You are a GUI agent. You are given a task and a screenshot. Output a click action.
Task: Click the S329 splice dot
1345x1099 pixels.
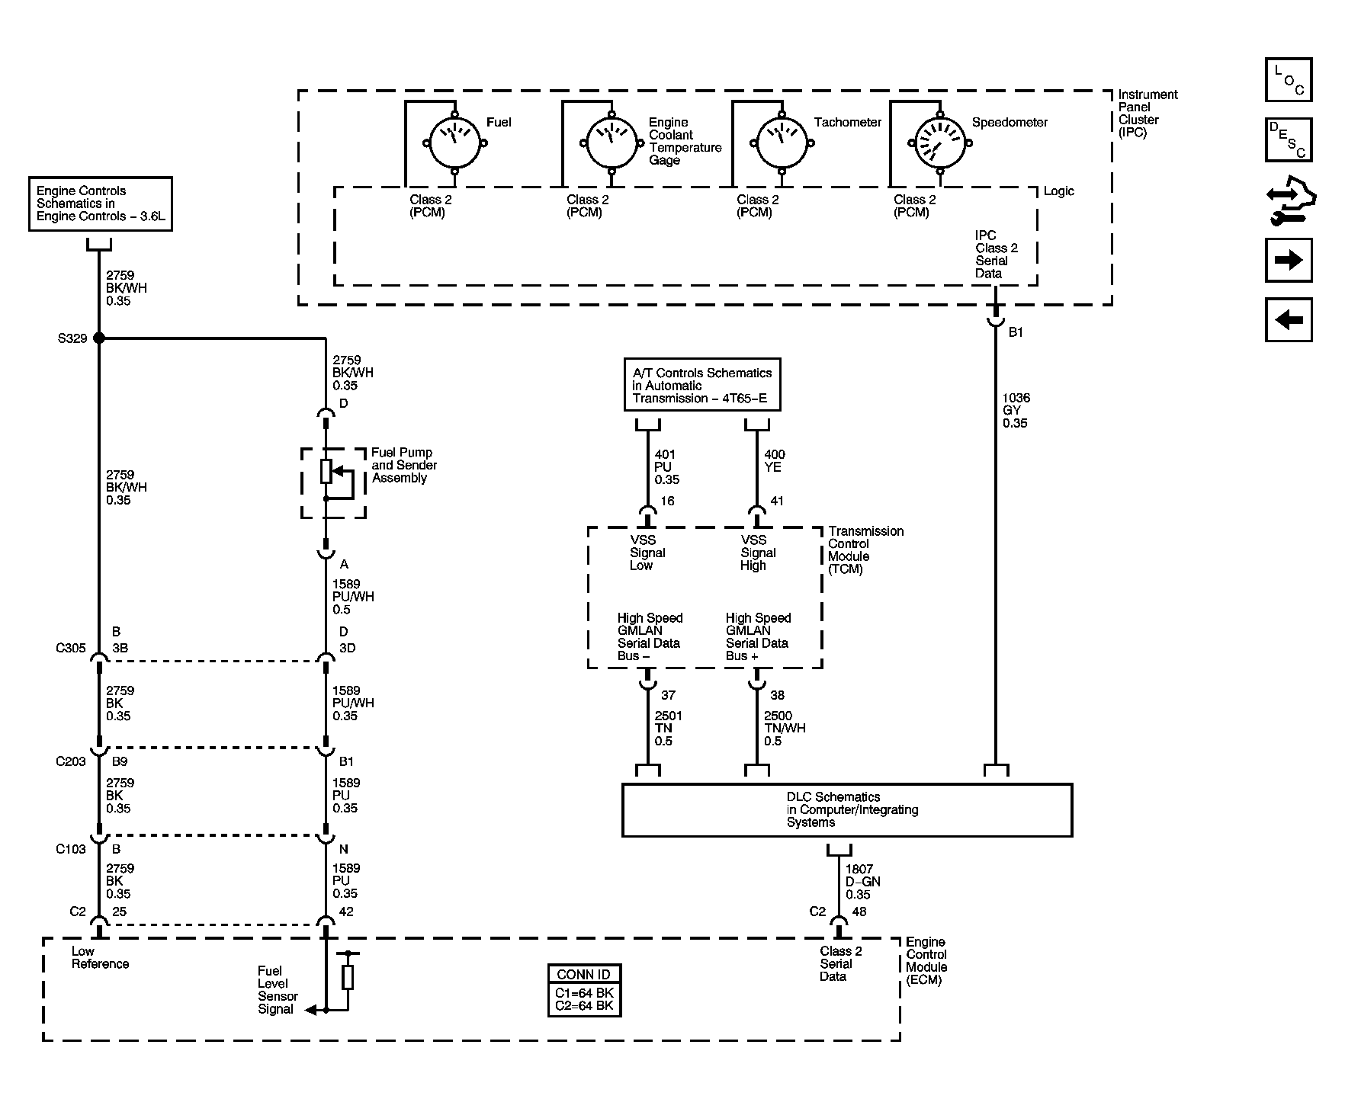pyautogui.click(x=98, y=338)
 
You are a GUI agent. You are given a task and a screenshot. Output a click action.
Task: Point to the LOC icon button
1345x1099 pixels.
pyautogui.click(x=1289, y=80)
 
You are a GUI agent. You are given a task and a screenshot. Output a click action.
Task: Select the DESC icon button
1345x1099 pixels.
pyautogui.click(x=1289, y=139)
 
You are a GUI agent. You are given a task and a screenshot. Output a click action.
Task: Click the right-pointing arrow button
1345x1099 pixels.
pyautogui.click(x=1289, y=261)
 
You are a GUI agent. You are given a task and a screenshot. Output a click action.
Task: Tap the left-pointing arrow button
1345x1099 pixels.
pyautogui.click(x=1289, y=319)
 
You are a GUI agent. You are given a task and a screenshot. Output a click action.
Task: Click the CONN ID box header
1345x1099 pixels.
pyautogui.click(x=584, y=974)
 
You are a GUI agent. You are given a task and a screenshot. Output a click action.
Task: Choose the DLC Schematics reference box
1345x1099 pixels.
pyautogui.click(x=847, y=810)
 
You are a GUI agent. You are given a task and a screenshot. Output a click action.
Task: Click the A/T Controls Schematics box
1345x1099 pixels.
pyautogui.click(x=702, y=385)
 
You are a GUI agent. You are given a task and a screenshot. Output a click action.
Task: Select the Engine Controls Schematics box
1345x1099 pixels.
pyautogui.click(x=100, y=203)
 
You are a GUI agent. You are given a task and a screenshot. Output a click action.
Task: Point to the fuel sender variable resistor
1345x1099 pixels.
pyautogui.click(x=326, y=472)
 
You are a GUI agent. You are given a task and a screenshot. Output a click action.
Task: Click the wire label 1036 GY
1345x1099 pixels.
pyautogui.click(x=1016, y=410)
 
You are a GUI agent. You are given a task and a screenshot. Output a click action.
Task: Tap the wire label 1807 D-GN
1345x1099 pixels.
pyautogui.click(x=862, y=882)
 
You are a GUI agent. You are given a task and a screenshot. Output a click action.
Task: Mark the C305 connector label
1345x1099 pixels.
pyautogui.click(x=70, y=649)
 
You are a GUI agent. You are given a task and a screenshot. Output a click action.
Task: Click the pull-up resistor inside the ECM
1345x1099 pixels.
pyautogui.click(x=348, y=977)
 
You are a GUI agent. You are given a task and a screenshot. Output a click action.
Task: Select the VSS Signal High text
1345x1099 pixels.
pyautogui.click(x=758, y=553)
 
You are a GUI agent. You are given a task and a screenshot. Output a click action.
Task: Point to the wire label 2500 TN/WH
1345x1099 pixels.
pyautogui.click(x=785, y=729)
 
